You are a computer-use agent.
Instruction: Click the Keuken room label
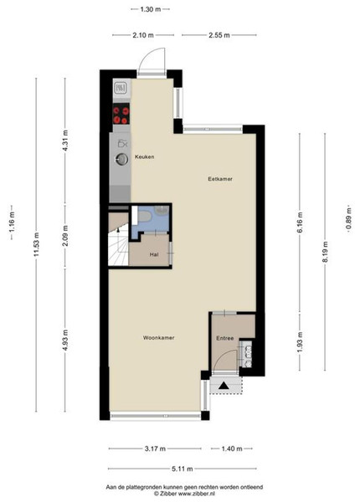click(x=145, y=157)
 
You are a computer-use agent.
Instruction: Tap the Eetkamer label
click(x=220, y=179)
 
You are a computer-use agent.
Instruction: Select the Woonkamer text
click(x=158, y=338)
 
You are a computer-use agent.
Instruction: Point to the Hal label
click(x=154, y=254)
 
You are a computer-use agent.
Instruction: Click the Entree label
click(x=225, y=338)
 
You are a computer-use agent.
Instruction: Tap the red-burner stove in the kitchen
click(x=121, y=114)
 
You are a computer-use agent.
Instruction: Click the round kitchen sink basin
click(x=121, y=159)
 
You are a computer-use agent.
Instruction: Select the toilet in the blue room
click(x=145, y=216)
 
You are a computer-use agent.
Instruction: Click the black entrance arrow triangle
click(x=224, y=386)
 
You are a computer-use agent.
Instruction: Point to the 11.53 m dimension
click(x=37, y=244)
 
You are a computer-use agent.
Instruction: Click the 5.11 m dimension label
click(x=183, y=469)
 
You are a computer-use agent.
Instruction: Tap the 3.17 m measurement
click(x=155, y=448)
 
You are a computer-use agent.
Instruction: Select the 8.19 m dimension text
click(x=325, y=252)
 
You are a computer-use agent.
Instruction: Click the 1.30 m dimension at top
click(x=151, y=9)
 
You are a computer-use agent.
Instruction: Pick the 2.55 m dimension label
click(x=219, y=35)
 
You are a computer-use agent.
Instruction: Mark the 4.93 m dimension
click(x=65, y=340)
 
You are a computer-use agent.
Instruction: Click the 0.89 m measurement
click(x=349, y=218)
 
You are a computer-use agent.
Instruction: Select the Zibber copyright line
click(x=184, y=494)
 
